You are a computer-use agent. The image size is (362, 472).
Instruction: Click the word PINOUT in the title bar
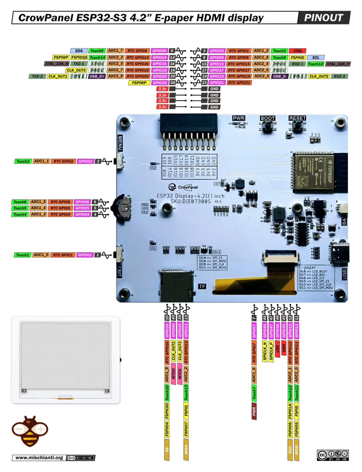[323, 18]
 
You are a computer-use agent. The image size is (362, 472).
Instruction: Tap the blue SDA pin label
[79, 51]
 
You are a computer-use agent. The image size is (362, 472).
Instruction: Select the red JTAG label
[297, 51]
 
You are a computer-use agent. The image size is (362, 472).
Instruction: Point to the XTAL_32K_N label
[57, 64]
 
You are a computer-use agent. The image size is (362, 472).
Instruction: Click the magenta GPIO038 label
[160, 83]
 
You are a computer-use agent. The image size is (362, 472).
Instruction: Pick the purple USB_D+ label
[97, 76]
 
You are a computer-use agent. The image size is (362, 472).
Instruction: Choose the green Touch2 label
[23, 161]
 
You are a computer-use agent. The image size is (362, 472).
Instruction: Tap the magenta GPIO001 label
[85, 255]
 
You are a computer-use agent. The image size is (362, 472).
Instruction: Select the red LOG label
[277, 349]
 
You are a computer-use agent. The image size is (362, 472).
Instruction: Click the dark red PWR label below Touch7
[254, 411]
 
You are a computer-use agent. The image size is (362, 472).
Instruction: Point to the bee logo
[30, 431]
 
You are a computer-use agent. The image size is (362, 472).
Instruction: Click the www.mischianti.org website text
[39, 458]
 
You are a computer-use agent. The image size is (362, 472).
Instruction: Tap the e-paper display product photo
[65, 360]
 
